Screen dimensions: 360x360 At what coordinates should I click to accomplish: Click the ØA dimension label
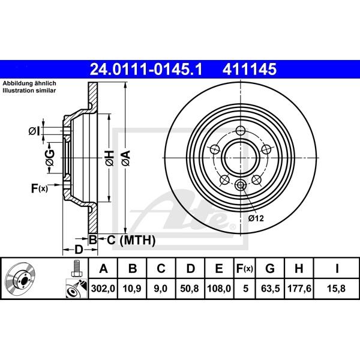click(x=125, y=158)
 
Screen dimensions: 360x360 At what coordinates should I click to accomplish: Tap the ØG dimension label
click(x=50, y=157)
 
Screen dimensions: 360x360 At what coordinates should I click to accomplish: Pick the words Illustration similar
click(x=29, y=90)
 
